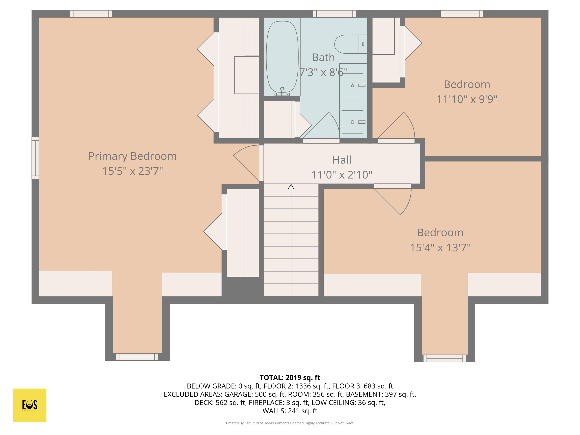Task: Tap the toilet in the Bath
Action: (351, 44)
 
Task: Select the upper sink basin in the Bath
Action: (352, 85)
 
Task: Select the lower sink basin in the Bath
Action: (352, 122)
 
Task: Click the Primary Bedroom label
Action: (132, 156)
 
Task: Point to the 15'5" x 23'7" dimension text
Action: (132, 171)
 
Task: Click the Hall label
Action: (342, 160)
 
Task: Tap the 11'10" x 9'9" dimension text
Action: (467, 99)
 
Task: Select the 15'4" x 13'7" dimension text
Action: (440, 247)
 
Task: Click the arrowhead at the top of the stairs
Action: (291, 186)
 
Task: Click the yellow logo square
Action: (30, 405)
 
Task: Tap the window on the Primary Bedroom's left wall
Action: (35, 158)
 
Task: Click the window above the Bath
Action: (335, 14)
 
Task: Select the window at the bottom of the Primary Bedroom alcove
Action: (137, 357)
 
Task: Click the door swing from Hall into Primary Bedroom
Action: (246, 163)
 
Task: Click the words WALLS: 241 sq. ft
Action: (290, 411)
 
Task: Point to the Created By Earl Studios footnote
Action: (290, 423)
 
